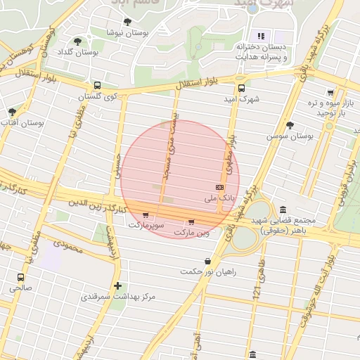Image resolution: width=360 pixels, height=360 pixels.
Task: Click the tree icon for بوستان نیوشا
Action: click(127, 22)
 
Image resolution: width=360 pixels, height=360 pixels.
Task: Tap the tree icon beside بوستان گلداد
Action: click(77, 42)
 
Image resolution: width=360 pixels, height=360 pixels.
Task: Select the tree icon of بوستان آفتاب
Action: click(12, 112)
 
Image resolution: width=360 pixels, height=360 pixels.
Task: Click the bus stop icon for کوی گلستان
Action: click(96, 85)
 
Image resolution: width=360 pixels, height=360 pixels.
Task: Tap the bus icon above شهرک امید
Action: click(242, 89)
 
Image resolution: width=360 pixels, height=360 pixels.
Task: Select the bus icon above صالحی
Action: click(20, 277)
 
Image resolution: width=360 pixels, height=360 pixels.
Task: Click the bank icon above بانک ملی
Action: click(220, 188)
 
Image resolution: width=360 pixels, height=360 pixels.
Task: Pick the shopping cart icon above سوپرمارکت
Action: click(146, 214)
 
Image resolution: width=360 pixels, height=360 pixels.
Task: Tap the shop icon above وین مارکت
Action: click(191, 222)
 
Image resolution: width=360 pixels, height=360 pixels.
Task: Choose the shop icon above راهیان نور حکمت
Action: click(207, 262)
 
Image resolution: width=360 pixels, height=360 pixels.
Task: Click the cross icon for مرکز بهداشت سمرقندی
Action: click(117, 285)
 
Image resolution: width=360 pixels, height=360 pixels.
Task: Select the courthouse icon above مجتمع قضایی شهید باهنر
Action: click(283, 210)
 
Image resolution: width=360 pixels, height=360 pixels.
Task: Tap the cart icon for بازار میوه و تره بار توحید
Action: click(330, 92)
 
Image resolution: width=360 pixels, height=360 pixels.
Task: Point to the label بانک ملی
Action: click(219, 199)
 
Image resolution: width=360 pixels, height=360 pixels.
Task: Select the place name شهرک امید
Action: click(244, 100)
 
